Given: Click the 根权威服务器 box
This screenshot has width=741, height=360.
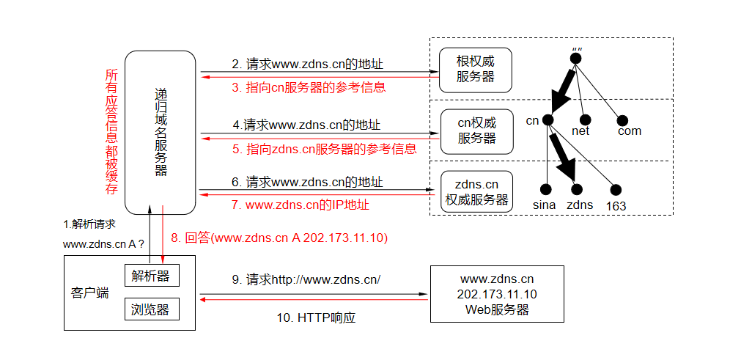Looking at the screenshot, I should (475, 69).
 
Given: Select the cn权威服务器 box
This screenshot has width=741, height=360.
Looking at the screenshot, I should (476, 131).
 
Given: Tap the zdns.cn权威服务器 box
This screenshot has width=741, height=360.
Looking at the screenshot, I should (476, 191).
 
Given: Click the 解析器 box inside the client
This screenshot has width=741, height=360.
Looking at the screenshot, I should (151, 276).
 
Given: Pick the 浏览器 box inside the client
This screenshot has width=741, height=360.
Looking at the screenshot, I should (151, 309).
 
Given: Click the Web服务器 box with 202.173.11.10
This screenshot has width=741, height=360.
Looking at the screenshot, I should (497, 294).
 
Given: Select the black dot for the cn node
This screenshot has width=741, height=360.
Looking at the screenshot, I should (547, 119).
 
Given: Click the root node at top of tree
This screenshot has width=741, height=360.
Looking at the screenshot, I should (576, 58).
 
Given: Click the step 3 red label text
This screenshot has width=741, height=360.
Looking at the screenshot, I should (309, 87).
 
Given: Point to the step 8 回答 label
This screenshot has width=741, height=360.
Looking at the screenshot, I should (279, 238).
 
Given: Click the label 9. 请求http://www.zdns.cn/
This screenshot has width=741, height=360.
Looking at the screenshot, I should (306, 279).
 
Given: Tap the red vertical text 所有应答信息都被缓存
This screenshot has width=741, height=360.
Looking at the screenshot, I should (111, 132).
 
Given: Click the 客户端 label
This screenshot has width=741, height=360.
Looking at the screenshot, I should (90, 293).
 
